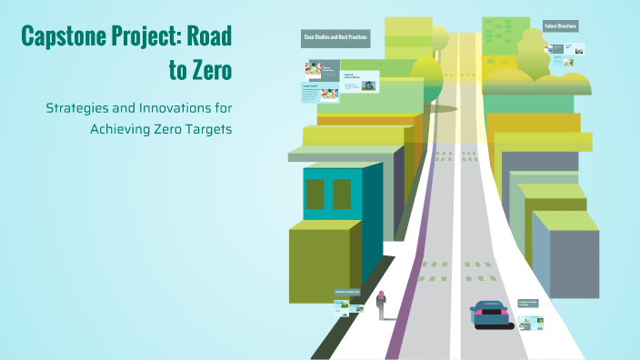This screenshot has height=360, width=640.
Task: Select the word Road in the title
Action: (210, 37)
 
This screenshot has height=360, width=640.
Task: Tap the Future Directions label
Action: (561, 26)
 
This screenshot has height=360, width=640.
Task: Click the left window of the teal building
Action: (315, 194)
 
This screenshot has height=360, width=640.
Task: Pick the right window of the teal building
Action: (342, 194)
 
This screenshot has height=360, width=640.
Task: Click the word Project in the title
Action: (147, 37)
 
